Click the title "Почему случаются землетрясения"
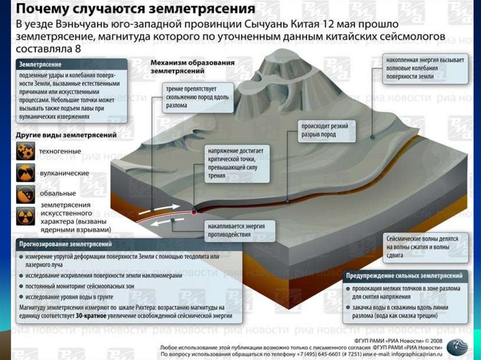[x=136, y=9]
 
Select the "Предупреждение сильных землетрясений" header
[x=407, y=276]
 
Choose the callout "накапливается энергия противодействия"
[x=239, y=230]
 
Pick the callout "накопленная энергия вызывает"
[x=425, y=71]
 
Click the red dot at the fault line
[x=194, y=212]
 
